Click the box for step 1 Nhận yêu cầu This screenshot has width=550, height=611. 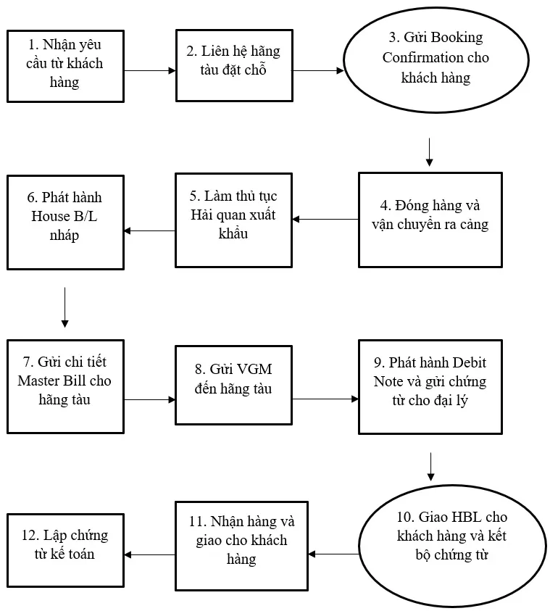(65, 66)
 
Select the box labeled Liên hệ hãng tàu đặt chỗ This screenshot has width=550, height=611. (234, 65)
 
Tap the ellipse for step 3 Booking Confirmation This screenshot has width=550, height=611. (436, 60)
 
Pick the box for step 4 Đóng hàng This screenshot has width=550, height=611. (430, 220)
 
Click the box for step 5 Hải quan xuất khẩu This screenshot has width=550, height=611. (234, 220)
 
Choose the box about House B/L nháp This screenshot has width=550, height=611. (65, 222)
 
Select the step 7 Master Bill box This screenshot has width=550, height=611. (65, 386)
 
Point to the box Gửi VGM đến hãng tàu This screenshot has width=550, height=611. (234, 385)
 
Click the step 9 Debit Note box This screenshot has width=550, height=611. (430, 387)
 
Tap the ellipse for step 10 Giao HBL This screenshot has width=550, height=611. (452, 546)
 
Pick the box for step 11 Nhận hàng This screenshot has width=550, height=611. (241, 546)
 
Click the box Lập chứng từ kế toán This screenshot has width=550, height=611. (65, 550)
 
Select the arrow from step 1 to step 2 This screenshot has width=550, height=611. (150, 70)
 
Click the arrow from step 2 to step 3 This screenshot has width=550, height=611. (318, 70)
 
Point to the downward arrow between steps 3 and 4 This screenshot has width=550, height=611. (429, 152)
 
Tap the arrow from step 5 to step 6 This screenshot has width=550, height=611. (149, 230)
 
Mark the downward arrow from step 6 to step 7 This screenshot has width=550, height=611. (64, 307)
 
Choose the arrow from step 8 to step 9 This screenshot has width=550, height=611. (325, 399)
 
